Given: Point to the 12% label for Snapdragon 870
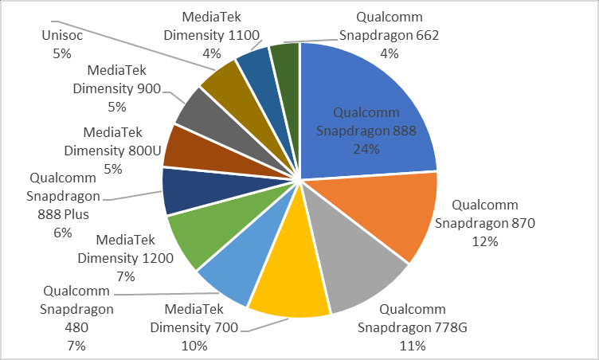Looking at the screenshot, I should coord(484,241).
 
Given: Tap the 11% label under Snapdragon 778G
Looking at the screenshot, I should coord(413,345).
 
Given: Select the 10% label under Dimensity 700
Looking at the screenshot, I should coord(194,345).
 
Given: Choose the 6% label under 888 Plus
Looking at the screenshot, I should coord(63,232).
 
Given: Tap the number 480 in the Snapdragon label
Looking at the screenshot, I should coord(77,327).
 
